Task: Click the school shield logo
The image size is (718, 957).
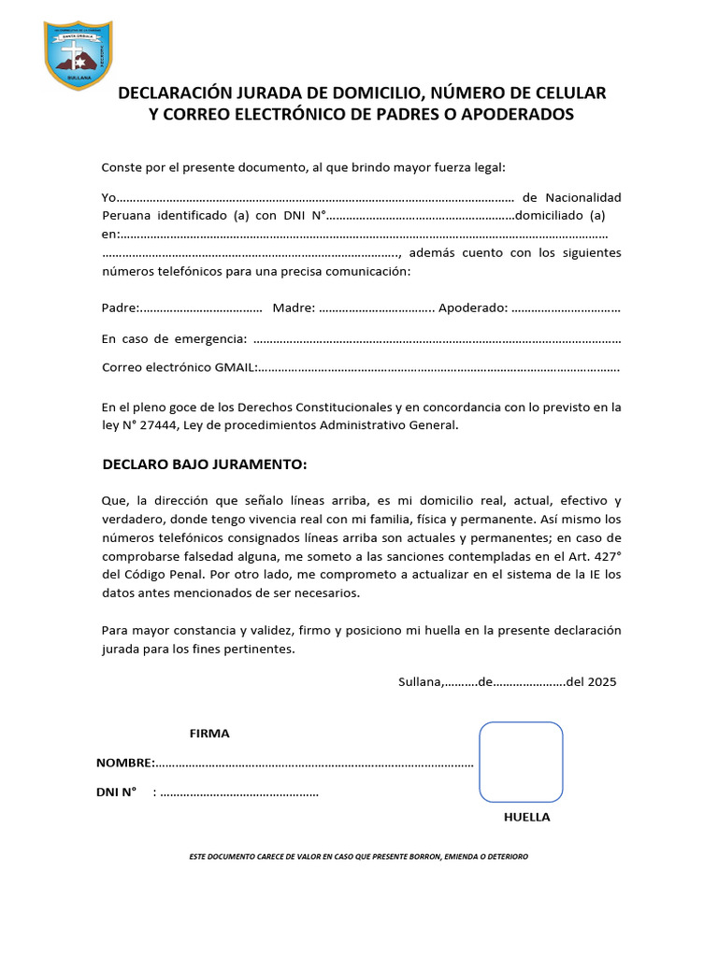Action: click(x=79, y=55)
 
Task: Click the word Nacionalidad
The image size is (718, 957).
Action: click(x=583, y=197)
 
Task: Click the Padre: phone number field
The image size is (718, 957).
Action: click(x=201, y=308)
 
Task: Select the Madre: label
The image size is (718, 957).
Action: click(x=294, y=308)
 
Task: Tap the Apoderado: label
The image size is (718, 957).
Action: click(x=473, y=308)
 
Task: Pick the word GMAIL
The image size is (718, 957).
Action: click(x=236, y=367)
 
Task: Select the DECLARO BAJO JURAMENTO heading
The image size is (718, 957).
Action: click(x=204, y=464)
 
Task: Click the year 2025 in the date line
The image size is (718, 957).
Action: click(x=602, y=681)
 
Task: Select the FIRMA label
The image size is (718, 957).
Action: click(x=209, y=734)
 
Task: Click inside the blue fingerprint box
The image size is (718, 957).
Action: click(x=521, y=762)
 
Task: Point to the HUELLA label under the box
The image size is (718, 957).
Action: click(x=526, y=817)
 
